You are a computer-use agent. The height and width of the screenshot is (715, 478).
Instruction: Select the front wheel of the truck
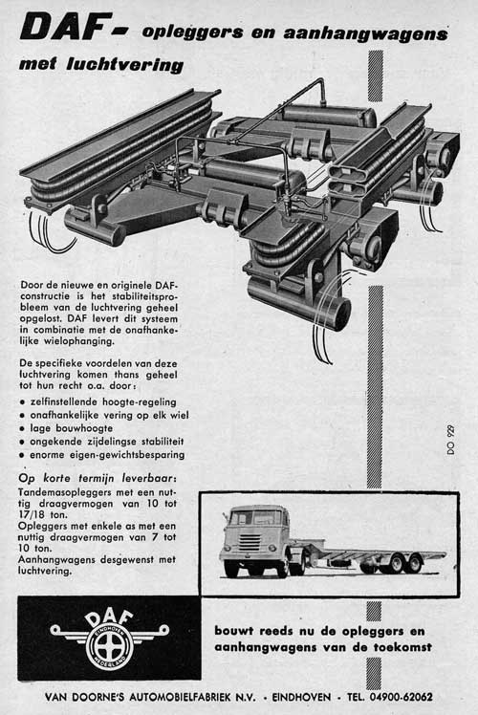[x=231, y=568]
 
